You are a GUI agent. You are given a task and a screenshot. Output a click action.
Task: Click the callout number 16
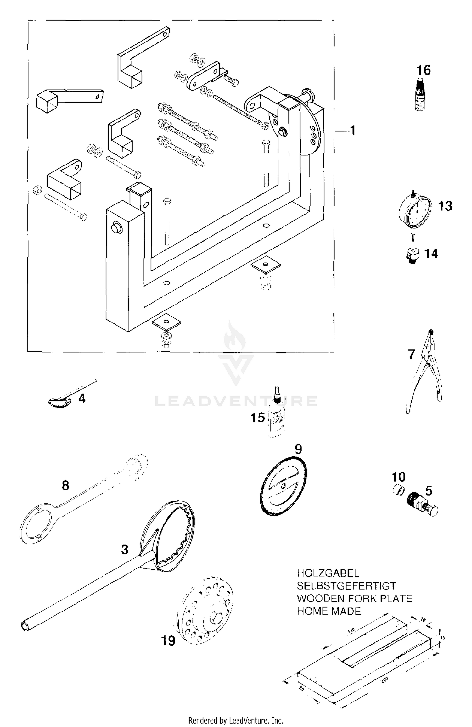click(x=424, y=70)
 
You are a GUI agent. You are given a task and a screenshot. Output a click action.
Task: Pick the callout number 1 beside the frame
click(x=353, y=130)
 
